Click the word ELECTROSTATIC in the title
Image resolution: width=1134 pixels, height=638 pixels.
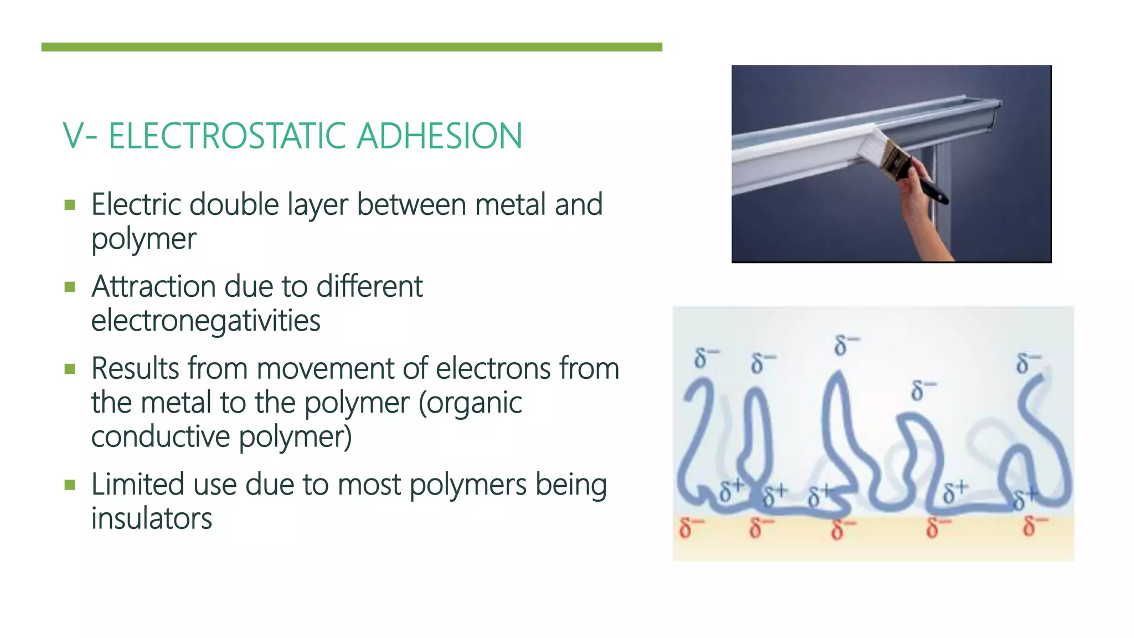pyautogui.click(x=228, y=136)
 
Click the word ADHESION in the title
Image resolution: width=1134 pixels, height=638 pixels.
pyautogui.click(x=439, y=136)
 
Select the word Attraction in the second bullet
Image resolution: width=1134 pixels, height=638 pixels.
pyautogui.click(x=153, y=286)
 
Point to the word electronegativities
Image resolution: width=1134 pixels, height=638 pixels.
pyautogui.click(x=205, y=321)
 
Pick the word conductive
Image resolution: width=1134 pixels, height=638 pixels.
pyautogui.click(x=160, y=436)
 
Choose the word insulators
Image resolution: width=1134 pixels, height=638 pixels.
pyautogui.click(x=152, y=519)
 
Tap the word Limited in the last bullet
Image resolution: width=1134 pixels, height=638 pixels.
pyautogui.click(x=137, y=485)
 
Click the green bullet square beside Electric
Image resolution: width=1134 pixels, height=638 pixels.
pyautogui.click(x=70, y=205)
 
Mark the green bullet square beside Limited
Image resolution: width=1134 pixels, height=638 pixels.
pyautogui.click(x=70, y=486)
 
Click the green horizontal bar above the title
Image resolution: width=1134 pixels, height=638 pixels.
pyautogui.click(x=352, y=47)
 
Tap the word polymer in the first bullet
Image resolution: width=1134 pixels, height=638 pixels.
pyautogui.click(x=144, y=239)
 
